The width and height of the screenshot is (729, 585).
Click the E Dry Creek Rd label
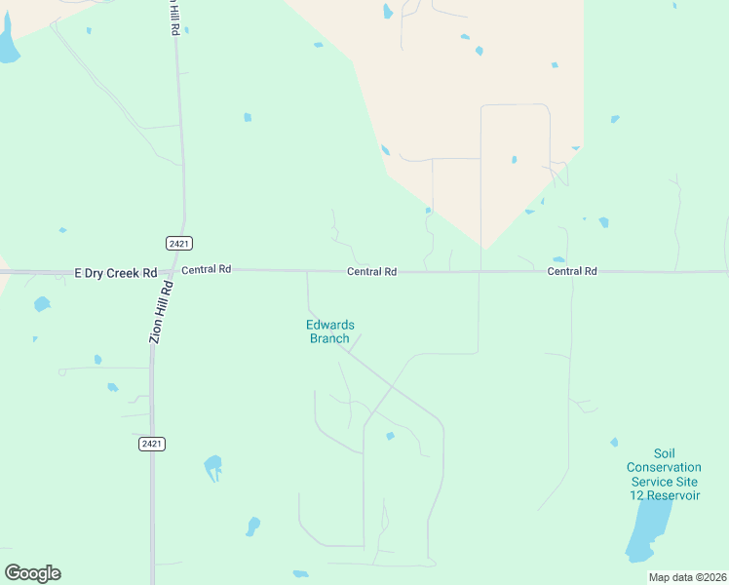click(x=116, y=274)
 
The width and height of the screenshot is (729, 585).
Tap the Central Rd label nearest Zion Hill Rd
click(x=206, y=269)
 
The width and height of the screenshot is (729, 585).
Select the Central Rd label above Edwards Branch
click(x=371, y=272)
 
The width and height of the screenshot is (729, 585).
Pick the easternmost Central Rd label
click(x=571, y=271)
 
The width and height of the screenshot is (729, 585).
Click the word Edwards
click(x=330, y=326)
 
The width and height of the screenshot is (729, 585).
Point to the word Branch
click(x=329, y=338)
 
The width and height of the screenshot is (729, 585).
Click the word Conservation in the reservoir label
click(x=663, y=467)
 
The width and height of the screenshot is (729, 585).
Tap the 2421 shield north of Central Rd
click(x=178, y=243)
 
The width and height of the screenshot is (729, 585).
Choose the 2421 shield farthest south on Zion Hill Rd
click(x=151, y=444)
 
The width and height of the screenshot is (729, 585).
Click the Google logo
click(x=32, y=573)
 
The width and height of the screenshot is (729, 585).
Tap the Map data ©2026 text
click(x=687, y=577)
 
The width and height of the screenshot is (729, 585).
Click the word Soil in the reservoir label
click(x=664, y=453)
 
